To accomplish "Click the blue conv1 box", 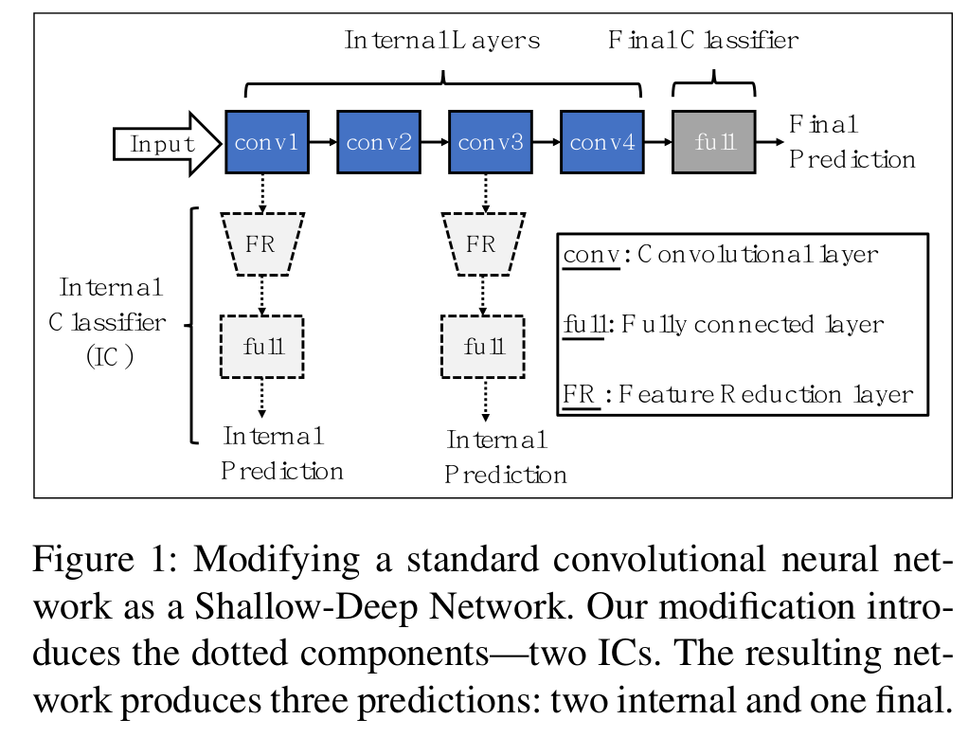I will click(x=266, y=142).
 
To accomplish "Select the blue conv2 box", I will click(x=378, y=142).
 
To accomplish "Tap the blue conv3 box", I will click(x=490, y=142).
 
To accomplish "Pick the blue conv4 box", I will click(x=601, y=142).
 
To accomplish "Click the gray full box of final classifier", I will click(x=713, y=142).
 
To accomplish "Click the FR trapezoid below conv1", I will click(x=261, y=244).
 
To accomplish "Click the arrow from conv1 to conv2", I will click(x=322, y=142).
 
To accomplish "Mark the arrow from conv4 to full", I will click(x=657, y=142).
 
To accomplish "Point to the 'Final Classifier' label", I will click(x=703, y=41).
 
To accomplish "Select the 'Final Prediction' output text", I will click(x=851, y=142).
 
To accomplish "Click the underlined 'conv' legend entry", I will click(x=589, y=255).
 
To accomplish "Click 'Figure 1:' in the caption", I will click(x=106, y=560).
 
